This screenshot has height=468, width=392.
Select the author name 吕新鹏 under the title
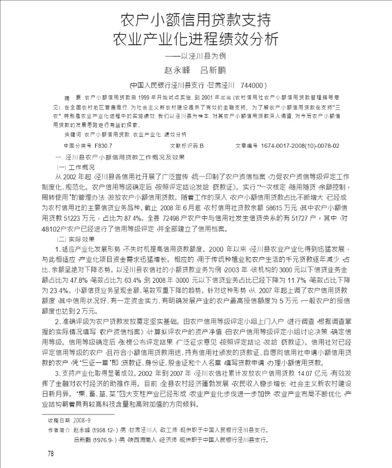coord(213,70)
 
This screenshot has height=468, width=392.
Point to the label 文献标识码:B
coord(187,146)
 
